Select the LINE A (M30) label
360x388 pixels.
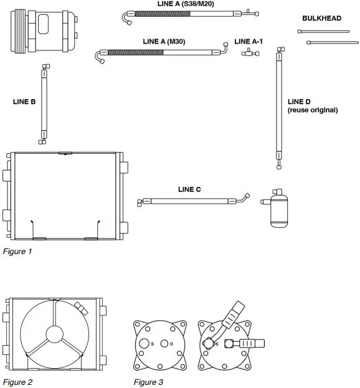tap(164, 41)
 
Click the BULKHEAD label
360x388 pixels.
tap(321, 19)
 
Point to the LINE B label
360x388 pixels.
tap(24, 101)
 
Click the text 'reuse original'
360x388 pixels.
tap(313, 110)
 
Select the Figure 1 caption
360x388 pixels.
tap(17, 252)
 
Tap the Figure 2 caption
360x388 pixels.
tap(17, 382)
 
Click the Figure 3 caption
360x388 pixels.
tap(148, 382)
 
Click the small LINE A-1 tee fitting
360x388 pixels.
tap(250, 54)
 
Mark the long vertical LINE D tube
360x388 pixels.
tap(279, 110)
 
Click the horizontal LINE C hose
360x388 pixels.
tap(193, 201)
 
